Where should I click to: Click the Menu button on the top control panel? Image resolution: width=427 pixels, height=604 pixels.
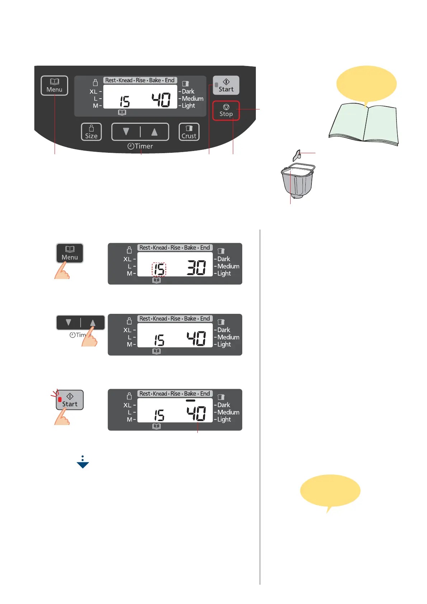tap(54, 86)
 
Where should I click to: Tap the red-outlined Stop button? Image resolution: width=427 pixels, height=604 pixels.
tap(226, 110)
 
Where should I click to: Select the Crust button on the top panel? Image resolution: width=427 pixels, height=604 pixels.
tap(189, 132)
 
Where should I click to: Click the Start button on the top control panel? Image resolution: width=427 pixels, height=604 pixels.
tap(226, 85)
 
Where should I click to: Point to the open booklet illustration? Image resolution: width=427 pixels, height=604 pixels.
tap(363, 124)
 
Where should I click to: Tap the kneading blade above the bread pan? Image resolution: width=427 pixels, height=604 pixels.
tap(297, 155)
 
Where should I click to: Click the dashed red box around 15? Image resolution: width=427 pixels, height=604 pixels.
tap(159, 269)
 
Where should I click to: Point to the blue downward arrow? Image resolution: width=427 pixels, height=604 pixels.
tap(83, 463)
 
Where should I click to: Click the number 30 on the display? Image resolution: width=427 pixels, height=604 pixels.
tap(196, 268)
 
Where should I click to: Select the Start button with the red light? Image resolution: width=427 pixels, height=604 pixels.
tap(70, 400)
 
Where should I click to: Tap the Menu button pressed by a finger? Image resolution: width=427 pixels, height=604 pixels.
tap(70, 253)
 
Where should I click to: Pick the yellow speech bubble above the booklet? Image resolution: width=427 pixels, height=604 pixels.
tap(366, 84)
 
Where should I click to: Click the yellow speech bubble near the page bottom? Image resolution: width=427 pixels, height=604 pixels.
tap(330, 491)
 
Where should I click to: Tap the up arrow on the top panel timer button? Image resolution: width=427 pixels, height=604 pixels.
tap(154, 132)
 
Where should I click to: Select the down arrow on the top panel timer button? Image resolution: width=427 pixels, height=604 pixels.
tap(126, 132)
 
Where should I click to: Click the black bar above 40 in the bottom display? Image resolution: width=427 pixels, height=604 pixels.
tap(191, 400)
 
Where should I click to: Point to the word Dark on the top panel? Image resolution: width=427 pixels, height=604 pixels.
tap(188, 91)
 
